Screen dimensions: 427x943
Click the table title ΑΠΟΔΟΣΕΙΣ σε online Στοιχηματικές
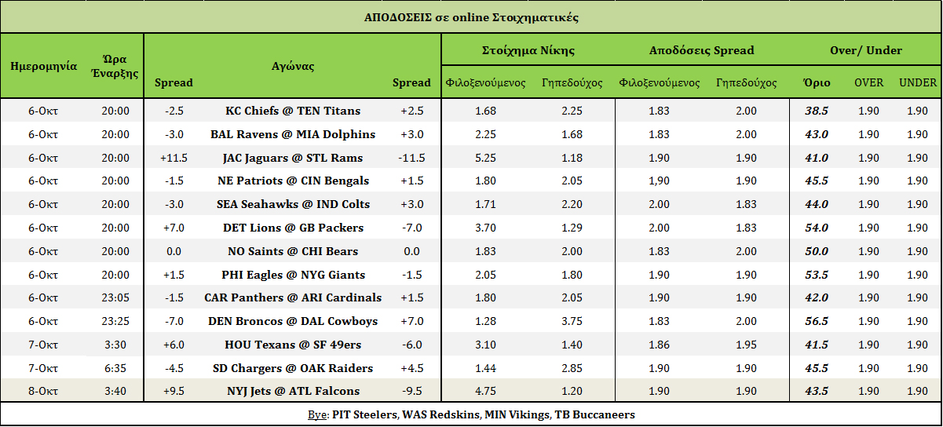click(471, 17)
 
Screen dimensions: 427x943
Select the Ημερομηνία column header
click(43, 66)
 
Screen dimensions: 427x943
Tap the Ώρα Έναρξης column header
click(115, 66)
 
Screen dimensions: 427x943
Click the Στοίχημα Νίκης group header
click(528, 50)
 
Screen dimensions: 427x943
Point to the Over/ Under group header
click(865, 50)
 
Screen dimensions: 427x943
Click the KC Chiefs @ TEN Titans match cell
click(293, 111)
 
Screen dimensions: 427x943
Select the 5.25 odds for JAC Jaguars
click(485, 158)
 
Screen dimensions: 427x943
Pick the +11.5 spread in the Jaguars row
click(174, 158)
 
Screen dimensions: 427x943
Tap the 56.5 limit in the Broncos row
click(817, 321)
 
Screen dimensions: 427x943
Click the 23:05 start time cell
click(115, 297)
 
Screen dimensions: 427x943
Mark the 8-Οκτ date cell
click(43, 391)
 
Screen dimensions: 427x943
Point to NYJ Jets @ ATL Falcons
click(293, 391)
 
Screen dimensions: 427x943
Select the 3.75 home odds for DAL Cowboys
click(572, 321)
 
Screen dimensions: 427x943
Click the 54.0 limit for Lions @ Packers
click(817, 228)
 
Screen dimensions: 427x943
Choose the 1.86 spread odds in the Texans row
click(660, 345)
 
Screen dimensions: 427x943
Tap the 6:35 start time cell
click(115, 368)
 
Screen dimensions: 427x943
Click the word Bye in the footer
click(317, 414)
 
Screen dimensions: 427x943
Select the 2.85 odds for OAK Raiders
click(572, 368)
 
